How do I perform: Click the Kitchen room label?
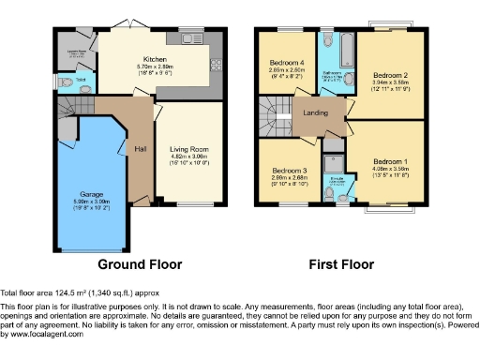coord(155,58)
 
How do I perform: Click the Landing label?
coord(313,114)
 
